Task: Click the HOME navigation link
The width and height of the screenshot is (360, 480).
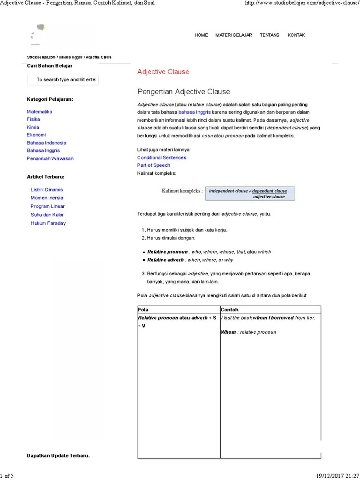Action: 201,35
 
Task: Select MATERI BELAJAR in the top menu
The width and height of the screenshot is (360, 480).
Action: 233,35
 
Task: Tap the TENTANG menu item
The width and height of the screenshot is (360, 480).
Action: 270,35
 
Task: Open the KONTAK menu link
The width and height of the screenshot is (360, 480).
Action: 296,35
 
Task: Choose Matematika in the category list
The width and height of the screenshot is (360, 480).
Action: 39,112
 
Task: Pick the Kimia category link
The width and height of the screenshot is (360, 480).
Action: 33,127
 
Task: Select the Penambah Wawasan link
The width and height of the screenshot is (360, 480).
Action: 50,158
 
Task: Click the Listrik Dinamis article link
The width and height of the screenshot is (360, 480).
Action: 46,190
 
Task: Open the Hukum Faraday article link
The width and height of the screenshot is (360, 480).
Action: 48,223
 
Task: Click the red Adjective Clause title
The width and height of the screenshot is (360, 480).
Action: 163,72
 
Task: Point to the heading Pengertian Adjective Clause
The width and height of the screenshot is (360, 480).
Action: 183,91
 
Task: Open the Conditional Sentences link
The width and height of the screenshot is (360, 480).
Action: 161,157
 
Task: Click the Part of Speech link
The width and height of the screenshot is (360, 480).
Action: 153,165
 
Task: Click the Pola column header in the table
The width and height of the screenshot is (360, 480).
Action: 142,310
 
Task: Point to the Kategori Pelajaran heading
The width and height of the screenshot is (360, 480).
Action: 50,99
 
